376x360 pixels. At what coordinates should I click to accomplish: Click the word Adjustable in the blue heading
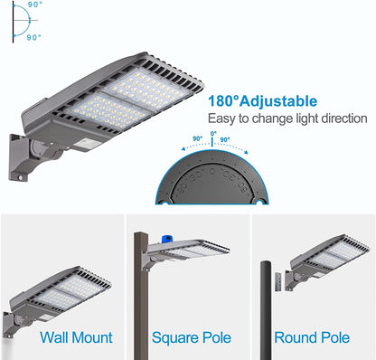(278, 101)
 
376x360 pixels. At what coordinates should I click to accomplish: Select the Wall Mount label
(76, 337)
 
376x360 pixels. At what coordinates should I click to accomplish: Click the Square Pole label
(192, 337)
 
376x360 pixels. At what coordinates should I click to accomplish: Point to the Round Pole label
(312, 337)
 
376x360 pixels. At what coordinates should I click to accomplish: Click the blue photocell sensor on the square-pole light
(167, 239)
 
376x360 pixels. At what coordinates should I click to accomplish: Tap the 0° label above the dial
(213, 133)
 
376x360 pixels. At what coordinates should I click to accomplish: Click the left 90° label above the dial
(198, 138)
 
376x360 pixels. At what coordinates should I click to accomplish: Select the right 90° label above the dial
(225, 139)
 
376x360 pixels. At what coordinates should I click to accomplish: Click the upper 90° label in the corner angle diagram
(34, 5)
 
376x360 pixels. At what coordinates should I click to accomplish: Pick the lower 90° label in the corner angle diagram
(33, 37)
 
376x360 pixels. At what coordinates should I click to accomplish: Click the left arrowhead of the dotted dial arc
(183, 149)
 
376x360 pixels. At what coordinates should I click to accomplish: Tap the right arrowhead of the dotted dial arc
(246, 152)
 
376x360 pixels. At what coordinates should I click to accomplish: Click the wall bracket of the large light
(19, 157)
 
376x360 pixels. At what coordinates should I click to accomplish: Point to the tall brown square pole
(141, 296)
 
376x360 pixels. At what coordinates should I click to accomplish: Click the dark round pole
(266, 310)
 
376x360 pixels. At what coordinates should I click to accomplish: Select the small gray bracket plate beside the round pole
(277, 282)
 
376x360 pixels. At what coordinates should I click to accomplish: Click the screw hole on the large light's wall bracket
(20, 178)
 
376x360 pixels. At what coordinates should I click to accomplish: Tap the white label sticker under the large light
(83, 145)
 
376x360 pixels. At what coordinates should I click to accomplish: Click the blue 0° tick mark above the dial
(212, 142)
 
